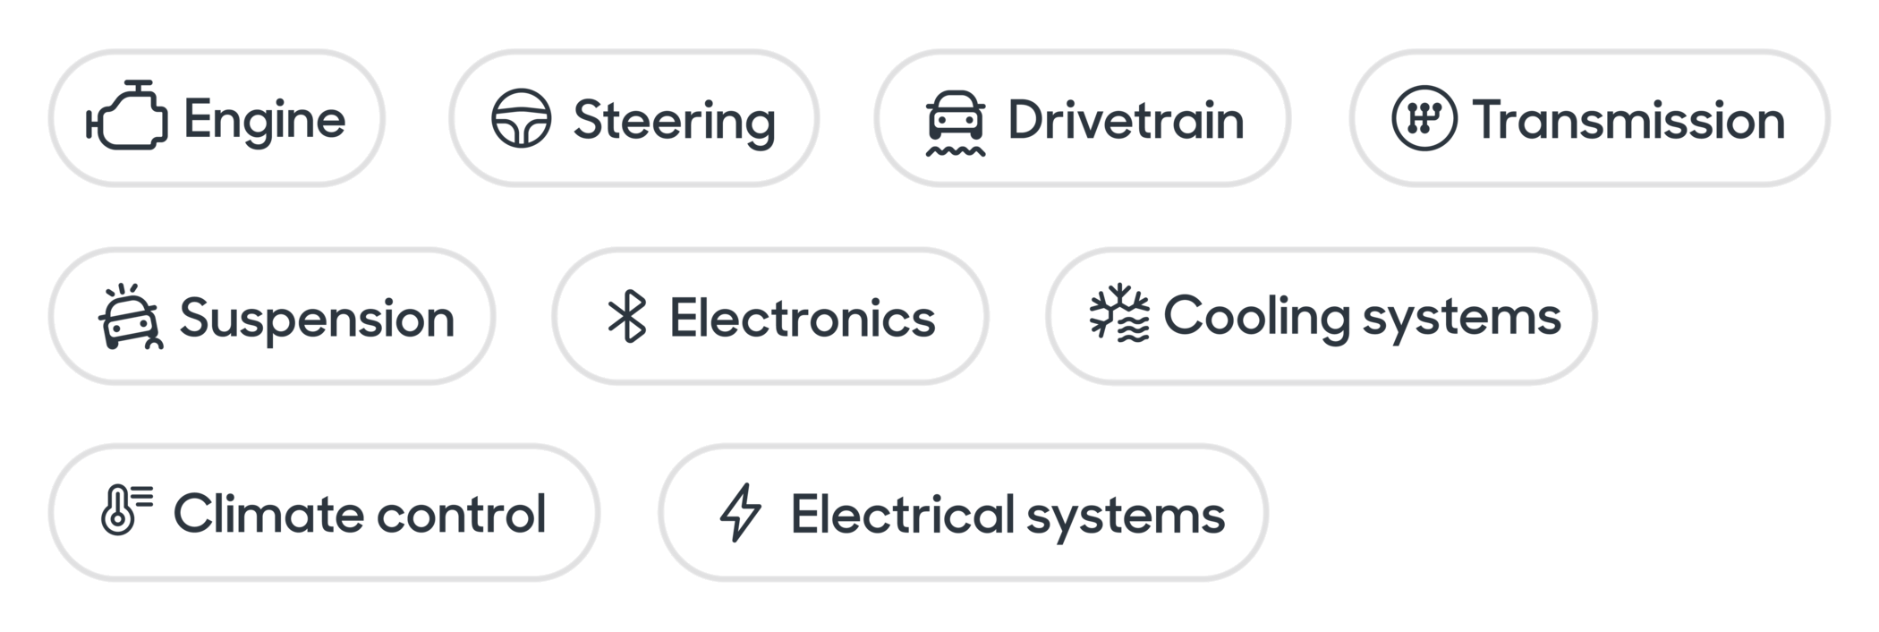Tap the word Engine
tap(265, 120)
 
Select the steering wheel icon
tap(521, 118)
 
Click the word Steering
tap(674, 121)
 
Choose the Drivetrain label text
tap(1126, 120)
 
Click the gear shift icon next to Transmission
tap(1424, 118)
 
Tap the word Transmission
tap(1628, 120)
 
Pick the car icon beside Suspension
tap(131, 317)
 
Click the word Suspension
tap(317, 319)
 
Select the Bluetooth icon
tap(627, 316)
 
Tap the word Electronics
tap(803, 318)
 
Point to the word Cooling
tap(1256, 317)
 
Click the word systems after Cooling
tap(1461, 319)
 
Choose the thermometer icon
tap(126, 510)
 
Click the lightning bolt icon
tap(741, 513)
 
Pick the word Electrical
tap(903, 515)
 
